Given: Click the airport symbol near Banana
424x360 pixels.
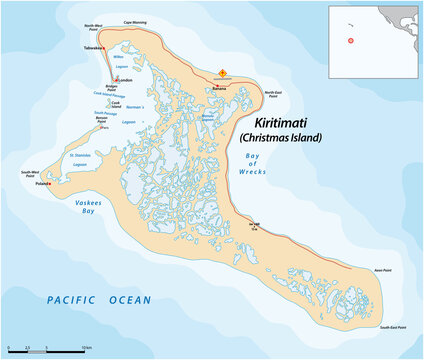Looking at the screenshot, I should (x=223, y=73).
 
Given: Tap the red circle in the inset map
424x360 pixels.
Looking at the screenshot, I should (x=351, y=41).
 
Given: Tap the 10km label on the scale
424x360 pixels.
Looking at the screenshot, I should (x=85, y=346).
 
